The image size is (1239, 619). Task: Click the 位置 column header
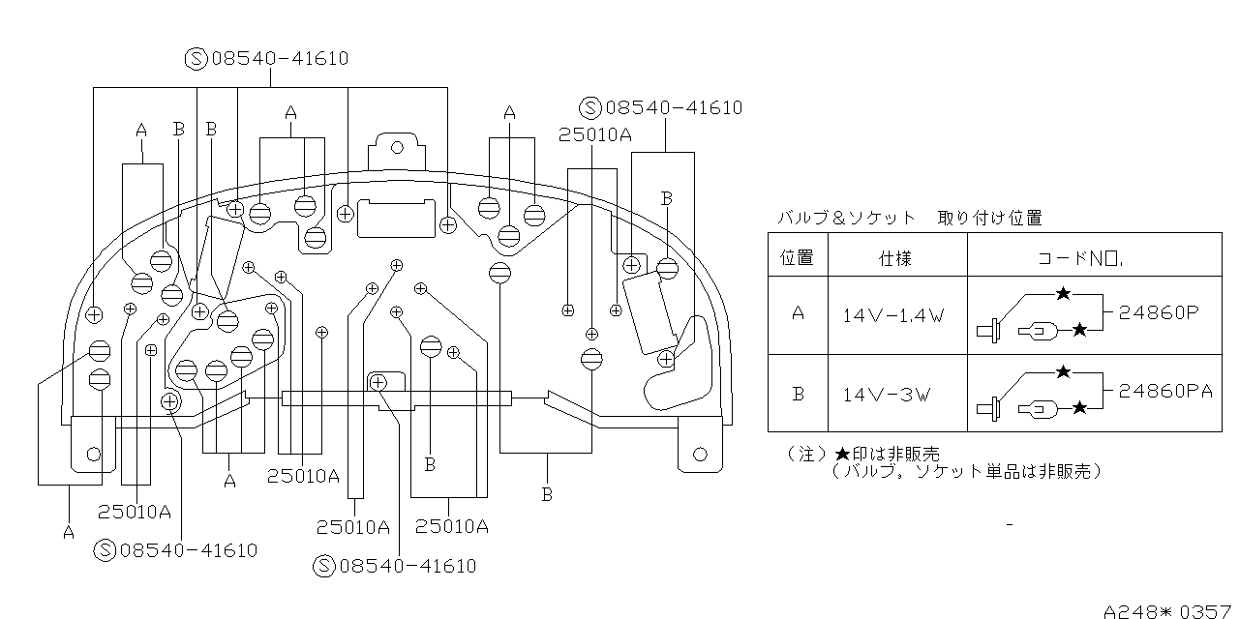[x=798, y=257]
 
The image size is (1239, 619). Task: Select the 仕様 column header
[x=895, y=258]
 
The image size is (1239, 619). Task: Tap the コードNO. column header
[x=1079, y=258]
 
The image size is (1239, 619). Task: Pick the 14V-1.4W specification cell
[x=895, y=315]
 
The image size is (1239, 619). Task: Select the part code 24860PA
[x=1165, y=391]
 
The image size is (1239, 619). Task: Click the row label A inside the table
[x=798, y=314]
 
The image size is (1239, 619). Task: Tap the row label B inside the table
[x=798, y=394]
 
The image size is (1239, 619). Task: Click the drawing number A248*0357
[x=1169, y=610]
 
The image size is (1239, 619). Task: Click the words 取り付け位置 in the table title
[x=989, y=219]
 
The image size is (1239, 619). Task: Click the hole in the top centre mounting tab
[x=395, y=147]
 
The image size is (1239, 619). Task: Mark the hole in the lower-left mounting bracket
[x=93, y=453]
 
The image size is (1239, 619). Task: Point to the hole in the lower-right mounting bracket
[x=702, y=452]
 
